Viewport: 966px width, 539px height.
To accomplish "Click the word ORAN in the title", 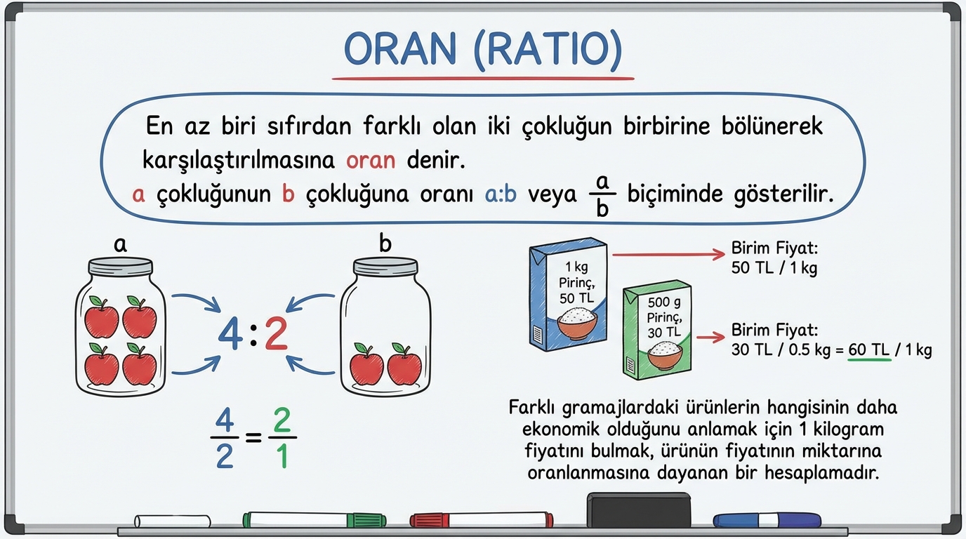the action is (x=399, y=48).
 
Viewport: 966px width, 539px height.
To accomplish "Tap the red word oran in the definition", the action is (x=371, y=161).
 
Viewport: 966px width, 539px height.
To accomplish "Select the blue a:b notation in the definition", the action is (x=501, y=194).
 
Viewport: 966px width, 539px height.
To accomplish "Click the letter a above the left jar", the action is (x=120, y=245).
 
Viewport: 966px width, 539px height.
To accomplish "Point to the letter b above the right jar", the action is (x=385, y=243).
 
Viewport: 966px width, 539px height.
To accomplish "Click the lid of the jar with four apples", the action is (x=120, y=265).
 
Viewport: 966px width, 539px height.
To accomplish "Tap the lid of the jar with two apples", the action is (x=385, y=265).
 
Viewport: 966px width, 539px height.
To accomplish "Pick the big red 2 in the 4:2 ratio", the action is (x=276, y=333).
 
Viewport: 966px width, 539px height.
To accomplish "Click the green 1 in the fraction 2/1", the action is (x=282, y=456).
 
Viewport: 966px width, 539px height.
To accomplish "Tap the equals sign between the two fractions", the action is (x=253, y=438).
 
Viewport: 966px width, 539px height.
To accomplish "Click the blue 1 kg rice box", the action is (x=568, y=294).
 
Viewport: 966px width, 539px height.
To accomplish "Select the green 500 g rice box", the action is (x=657, y=330).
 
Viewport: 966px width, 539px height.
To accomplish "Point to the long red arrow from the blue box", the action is (x=668, y=255).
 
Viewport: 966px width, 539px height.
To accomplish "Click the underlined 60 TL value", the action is (x=869, y=350).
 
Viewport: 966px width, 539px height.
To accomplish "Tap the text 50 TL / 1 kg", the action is (x=774, y=268).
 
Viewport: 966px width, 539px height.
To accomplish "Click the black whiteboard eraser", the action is (x=639, y=510).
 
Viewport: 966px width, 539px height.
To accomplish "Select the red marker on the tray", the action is (x=482, y=519).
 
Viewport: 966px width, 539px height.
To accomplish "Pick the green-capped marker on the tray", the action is (x=315, y=519).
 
